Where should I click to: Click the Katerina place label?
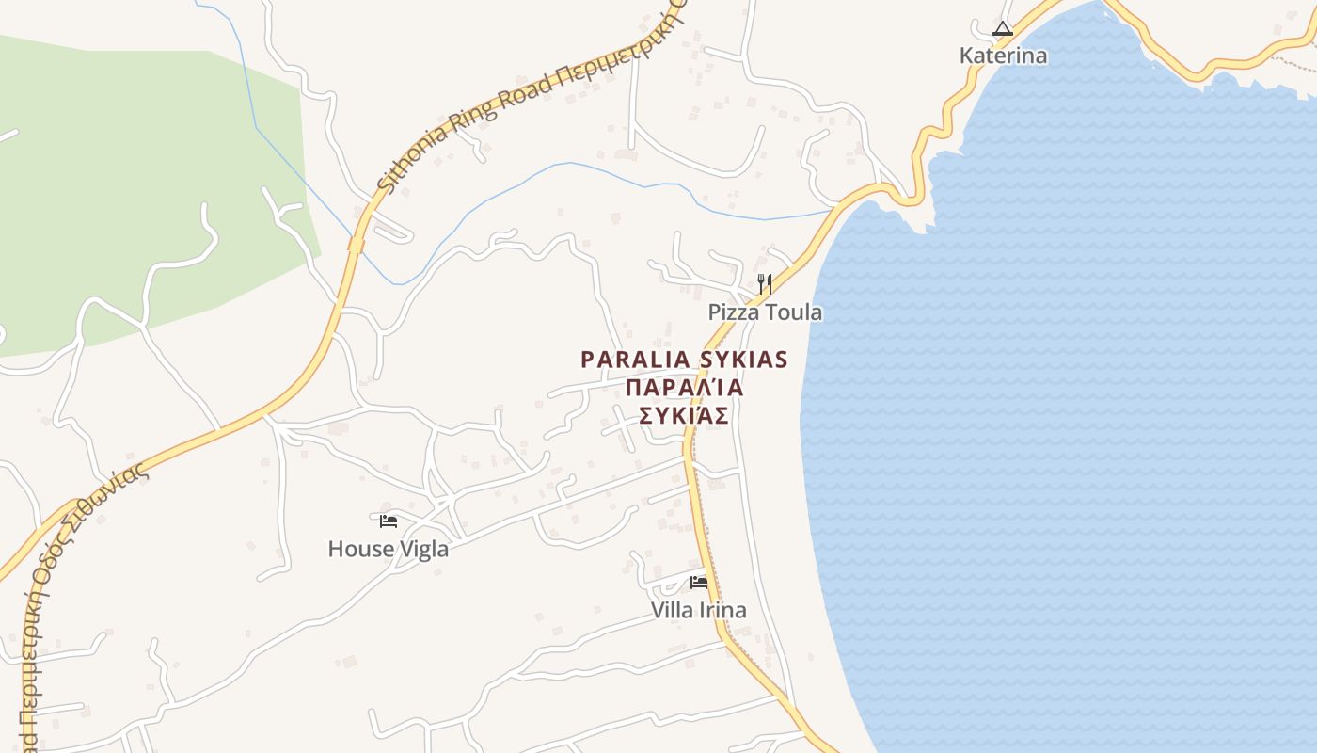coord(1003,56)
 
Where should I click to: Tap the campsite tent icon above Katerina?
coord(1003,29)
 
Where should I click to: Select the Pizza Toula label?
coord(765,312)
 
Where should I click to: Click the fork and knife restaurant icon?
coord(765,283)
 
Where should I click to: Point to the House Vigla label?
coord(388,549)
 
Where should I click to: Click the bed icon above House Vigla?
coord(389,521)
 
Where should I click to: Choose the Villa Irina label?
coord(699,610)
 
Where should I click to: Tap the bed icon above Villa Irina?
coord(699,582)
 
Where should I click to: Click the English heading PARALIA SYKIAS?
coord(684,360)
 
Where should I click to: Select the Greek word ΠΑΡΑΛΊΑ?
coord(685,388)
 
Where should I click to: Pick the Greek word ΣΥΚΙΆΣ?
coord(685,416)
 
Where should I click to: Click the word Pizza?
coord(736,312)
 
